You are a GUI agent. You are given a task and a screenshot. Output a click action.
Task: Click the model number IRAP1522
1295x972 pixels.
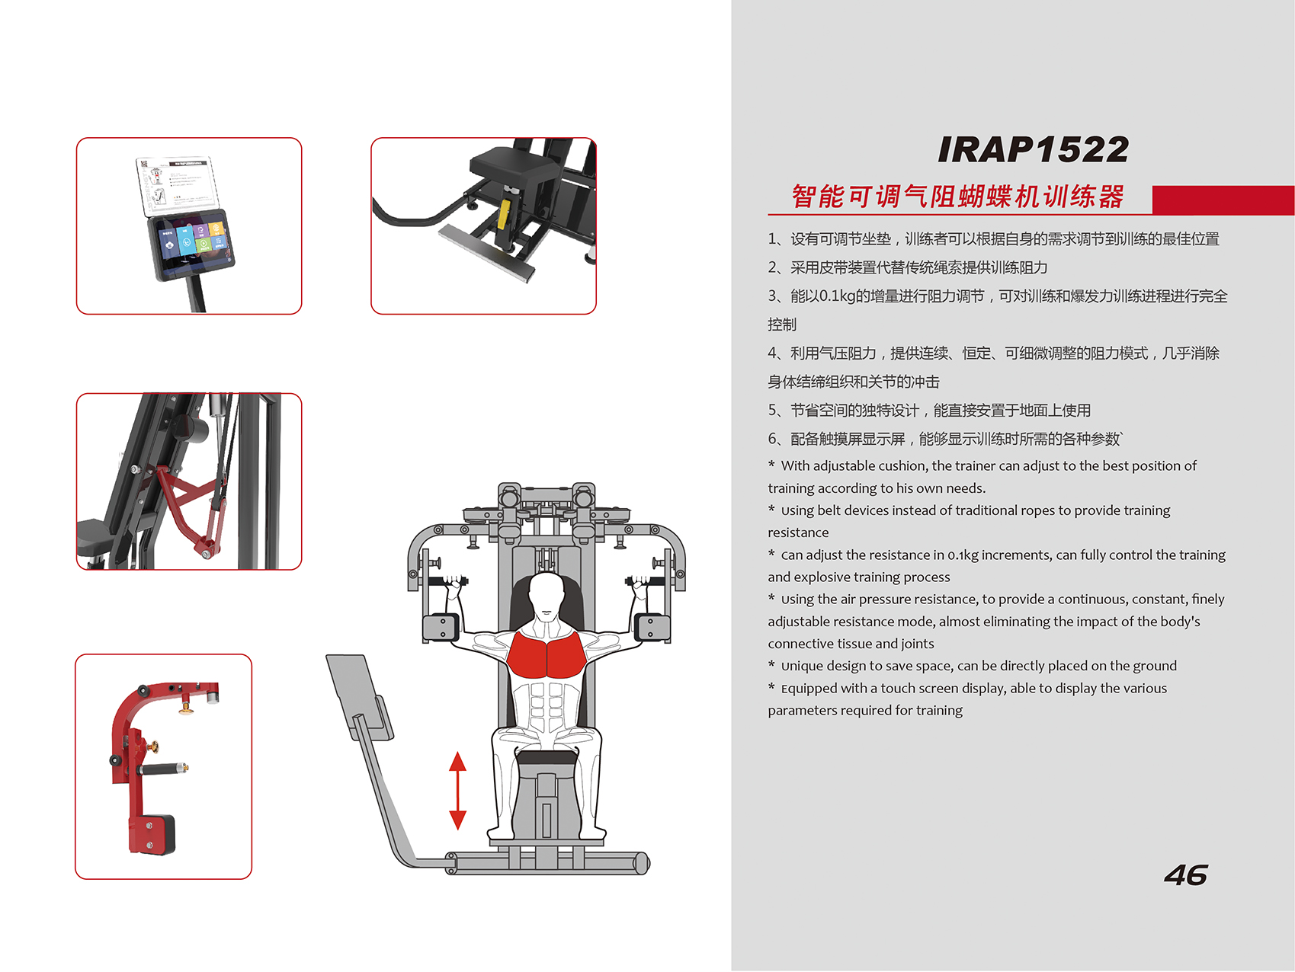[x=1033, y=149]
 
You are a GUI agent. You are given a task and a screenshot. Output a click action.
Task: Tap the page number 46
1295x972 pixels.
[x=1186, y=875]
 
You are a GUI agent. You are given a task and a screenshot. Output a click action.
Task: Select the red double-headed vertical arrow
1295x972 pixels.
[x=457, y=791]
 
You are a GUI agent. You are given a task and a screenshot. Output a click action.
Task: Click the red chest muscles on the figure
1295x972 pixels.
[x=546, y=654]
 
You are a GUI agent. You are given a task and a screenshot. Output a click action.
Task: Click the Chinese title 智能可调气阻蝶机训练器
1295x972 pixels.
[x=957, y=197]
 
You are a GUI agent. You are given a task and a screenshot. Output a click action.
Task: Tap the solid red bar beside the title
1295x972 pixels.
[x=1223, y=200]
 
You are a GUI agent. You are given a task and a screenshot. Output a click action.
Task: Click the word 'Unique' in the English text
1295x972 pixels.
[x=802, y=667]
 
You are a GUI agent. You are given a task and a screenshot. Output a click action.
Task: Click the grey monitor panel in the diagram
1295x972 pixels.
[x=360, y=696]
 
